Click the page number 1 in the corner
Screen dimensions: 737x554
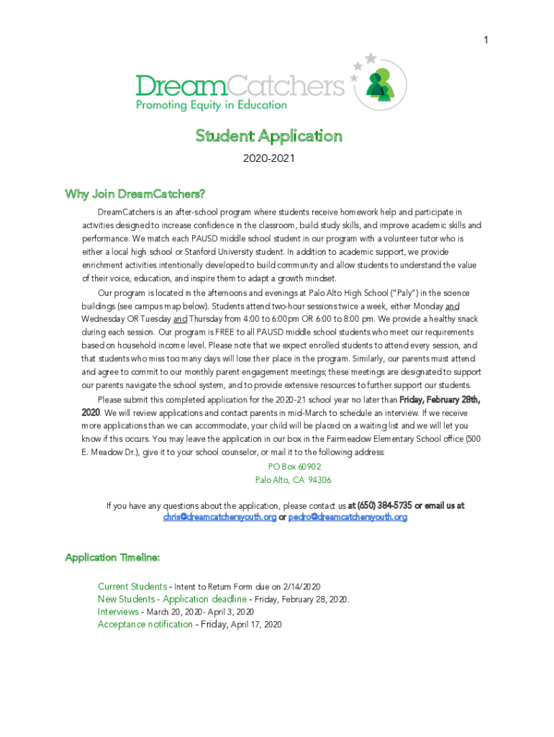(486, 40)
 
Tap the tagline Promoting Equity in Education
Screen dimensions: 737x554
(212, 105)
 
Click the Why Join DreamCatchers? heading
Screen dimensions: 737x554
(135, 194)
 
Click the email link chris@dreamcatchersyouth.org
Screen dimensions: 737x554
(219, 517)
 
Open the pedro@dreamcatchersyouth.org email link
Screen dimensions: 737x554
(348, 517)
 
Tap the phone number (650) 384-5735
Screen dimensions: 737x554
(384, 505)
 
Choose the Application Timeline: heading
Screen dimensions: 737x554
(112, 558)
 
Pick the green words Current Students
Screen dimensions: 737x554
(132, 587)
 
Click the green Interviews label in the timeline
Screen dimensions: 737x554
(118, 612)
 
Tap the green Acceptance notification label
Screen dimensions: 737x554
(145, 625)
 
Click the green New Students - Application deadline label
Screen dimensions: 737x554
(173, 600)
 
